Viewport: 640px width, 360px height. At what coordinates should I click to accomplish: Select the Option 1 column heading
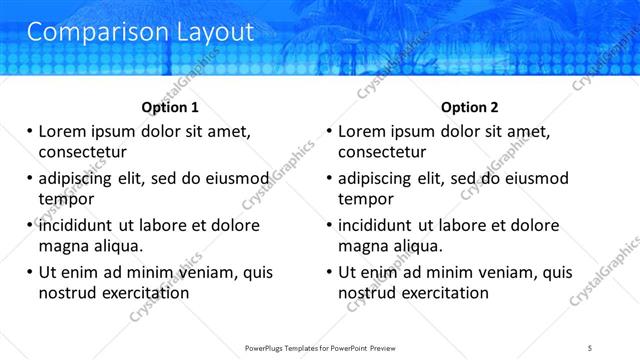(170, 107)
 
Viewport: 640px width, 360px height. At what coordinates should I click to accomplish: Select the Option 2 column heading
(470, 107)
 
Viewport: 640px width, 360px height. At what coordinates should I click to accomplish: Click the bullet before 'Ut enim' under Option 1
(29, 272)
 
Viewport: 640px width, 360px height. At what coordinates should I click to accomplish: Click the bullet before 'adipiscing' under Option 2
(329, 179)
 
